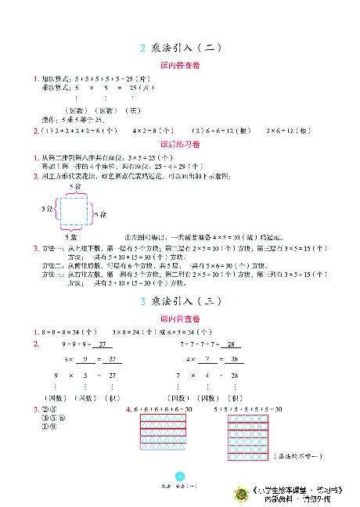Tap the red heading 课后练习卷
(x=180, y=145)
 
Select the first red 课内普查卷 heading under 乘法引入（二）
(x=180, y=65)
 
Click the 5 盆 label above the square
(x=76, y=187)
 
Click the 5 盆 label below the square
(x=72, y=236)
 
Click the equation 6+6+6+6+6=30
(x=163, y=409)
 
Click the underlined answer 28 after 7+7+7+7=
(x=230, y=344)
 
